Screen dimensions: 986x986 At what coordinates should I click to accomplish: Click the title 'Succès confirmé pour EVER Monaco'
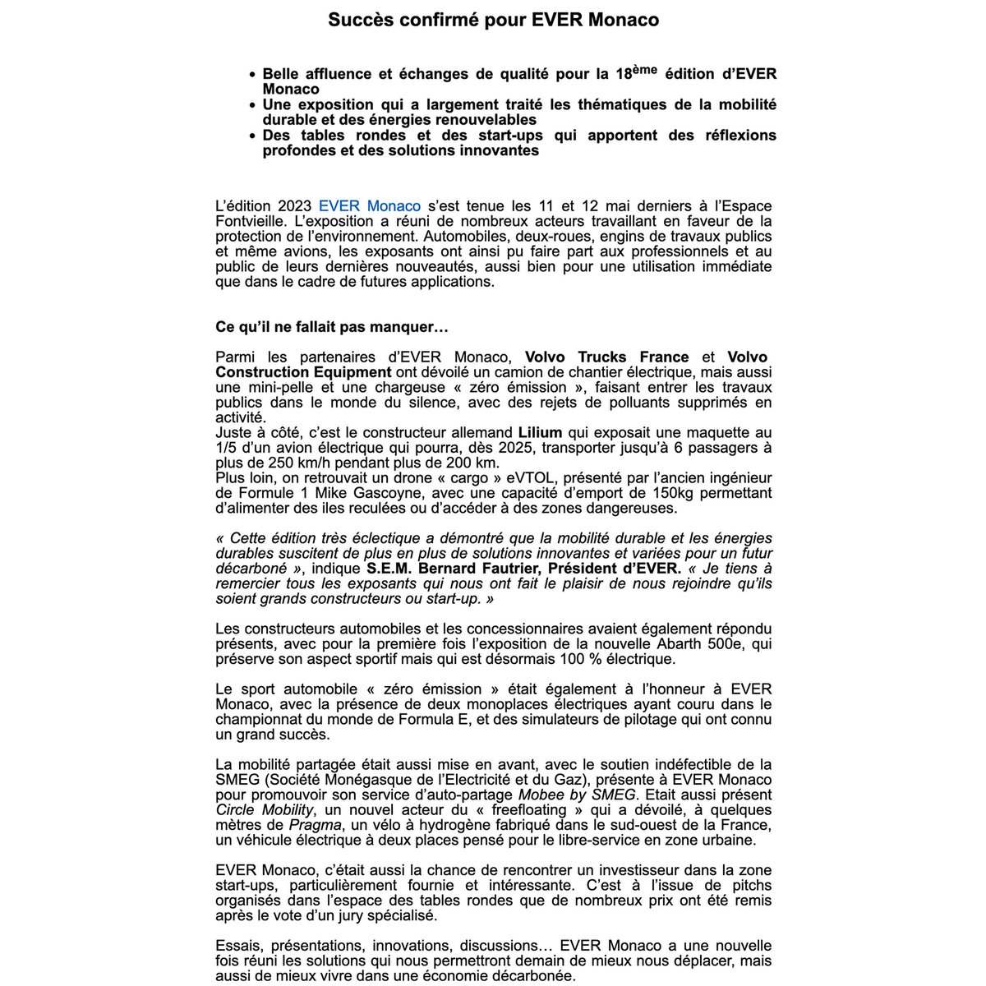[x=493, y=20]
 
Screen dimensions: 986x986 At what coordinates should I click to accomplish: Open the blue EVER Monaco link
[x=369, y=206]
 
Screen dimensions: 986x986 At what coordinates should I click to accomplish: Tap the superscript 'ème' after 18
[x=645, y=70]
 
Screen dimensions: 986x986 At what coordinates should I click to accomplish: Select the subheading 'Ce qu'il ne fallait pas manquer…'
[x=332, y=327]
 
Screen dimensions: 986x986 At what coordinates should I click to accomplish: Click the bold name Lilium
[x=540, y=432]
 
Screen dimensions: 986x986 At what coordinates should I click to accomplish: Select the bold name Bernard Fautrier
[x=472, y=569]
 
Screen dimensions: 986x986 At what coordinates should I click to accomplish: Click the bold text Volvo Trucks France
[x=606, y=357]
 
